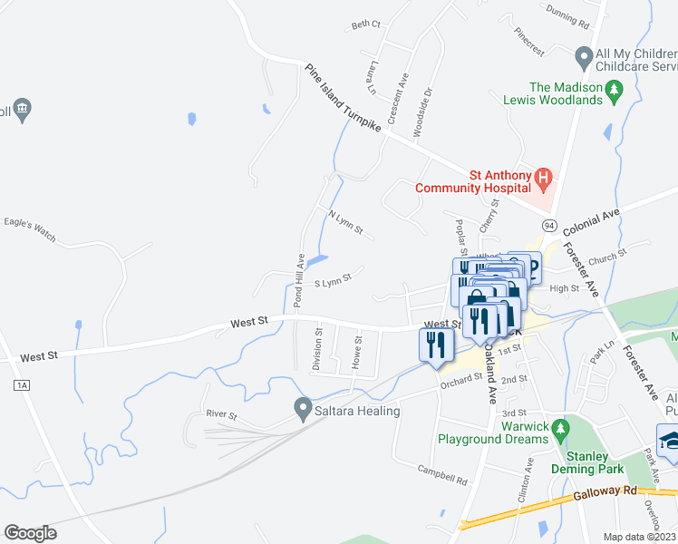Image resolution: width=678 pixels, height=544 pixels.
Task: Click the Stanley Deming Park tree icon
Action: click(562, 427)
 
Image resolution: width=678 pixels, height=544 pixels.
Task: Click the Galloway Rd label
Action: click(606, 491)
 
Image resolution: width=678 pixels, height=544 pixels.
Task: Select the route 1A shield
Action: click(22, 385)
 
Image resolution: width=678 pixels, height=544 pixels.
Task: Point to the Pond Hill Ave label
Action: click(298, 281)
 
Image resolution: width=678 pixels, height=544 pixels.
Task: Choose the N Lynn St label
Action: click(345, 224)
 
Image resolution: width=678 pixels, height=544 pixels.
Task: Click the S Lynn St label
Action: click(332, 284)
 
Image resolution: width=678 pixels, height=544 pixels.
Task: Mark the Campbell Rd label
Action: click(442, 474)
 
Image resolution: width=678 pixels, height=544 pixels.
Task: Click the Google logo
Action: click(30, 533)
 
